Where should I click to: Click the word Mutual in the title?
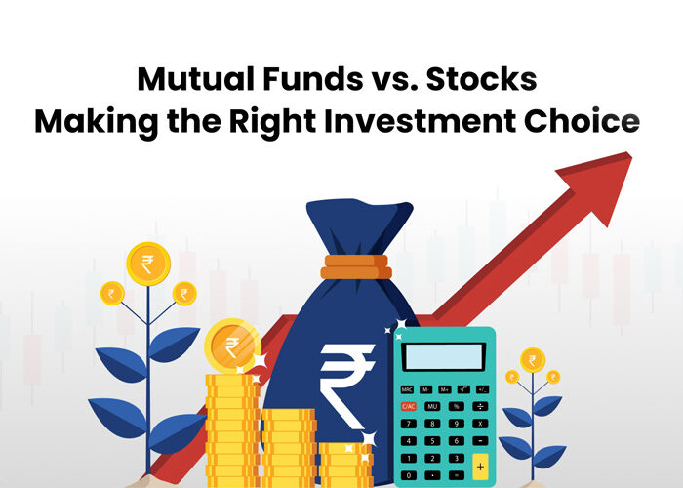click(195, 79)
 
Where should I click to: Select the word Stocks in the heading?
click(481, 79)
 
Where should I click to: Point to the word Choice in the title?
click(582, 121)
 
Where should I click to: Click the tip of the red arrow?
click(630, 154)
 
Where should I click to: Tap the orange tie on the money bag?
click(356, 266)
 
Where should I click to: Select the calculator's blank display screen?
click(444, 357)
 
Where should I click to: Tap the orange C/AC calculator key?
click(408, 407)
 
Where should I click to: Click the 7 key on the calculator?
click(408, 424)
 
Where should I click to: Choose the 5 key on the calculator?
click(432, 441)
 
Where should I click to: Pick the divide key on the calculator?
click(480, 407)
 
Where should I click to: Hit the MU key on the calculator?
click(432, 407)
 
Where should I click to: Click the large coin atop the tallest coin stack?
click(232, 346)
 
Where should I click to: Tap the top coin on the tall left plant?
click(148, 264)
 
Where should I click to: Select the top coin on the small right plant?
click(533, 360)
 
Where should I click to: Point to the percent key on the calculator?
click(456, 407)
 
